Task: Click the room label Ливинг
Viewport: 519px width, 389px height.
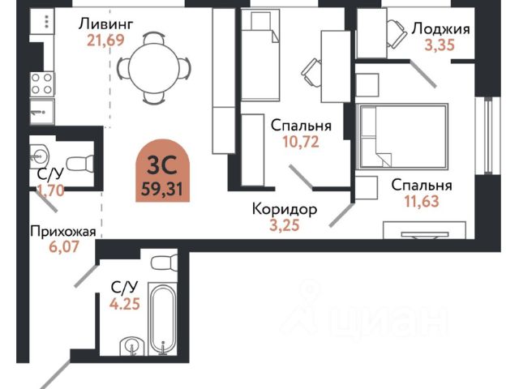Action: click(106, 24)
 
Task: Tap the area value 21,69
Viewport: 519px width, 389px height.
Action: click(105, 40)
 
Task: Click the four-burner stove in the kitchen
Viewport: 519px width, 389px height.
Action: click(42, 84)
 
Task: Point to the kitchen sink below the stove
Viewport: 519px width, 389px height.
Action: click(42, 111)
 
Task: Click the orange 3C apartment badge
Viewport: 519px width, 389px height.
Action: click(162, 170)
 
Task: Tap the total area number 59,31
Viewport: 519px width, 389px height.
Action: click(162, 190)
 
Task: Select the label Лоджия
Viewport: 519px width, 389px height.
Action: click(440, 29)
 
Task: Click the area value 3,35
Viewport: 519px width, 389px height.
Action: click(440, 45)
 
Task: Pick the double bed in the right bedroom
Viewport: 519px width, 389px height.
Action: click(403, 136)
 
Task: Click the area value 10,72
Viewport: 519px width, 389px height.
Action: click(301, 142)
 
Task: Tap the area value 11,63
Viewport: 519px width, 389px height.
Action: click(422, 201)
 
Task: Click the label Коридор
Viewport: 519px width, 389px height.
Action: click(285, 209)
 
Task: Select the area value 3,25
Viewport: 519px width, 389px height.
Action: click(285, 225)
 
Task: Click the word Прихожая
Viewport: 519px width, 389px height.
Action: click(63, 232)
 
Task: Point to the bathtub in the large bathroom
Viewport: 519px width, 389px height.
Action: click(162, 318)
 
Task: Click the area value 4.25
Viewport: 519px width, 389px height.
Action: click(125, 303)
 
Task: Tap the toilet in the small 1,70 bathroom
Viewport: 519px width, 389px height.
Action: click(80, 164)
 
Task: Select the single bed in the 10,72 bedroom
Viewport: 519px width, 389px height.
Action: click(260, 54)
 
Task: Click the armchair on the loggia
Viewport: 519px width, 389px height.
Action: click(397, 34)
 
